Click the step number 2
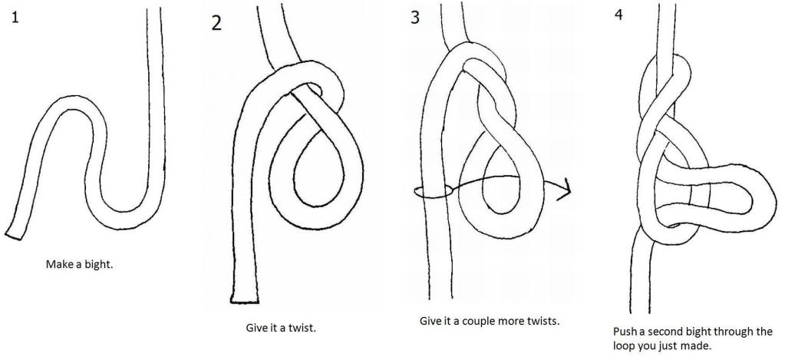point(216,22)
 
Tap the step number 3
point(415,17)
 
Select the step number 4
point(619,15)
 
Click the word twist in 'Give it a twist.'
point(299,328)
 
